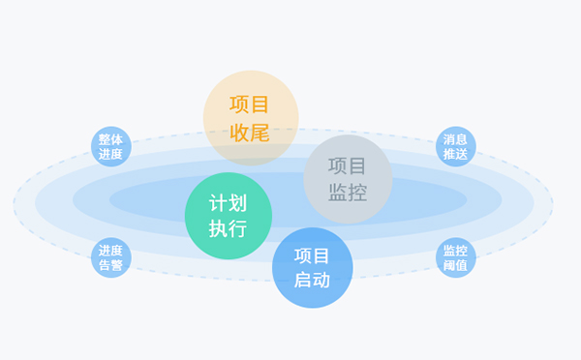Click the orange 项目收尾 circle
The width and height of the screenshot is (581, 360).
coord(250,117)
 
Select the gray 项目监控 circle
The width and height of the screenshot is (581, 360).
coord(348,179)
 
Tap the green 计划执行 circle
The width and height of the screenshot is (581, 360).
coord(228,216)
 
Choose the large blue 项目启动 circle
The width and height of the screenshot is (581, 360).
coord(312,268)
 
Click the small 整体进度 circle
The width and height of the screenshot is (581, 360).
coord(110,146)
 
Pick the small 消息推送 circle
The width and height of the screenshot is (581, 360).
coord(455,146)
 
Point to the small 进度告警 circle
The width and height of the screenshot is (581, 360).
coord(110,257)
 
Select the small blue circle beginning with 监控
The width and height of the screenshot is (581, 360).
coord(455,257)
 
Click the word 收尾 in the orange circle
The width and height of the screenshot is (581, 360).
coord(250,131)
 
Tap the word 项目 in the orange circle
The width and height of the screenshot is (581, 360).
coord(250,104)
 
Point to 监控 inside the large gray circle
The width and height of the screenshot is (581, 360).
coord(348,193)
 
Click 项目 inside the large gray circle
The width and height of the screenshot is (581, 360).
coord(348,166)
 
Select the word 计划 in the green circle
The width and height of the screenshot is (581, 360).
coord(228,203)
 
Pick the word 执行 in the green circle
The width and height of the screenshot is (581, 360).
coord(228,229)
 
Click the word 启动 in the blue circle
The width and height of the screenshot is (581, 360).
coord(312,281)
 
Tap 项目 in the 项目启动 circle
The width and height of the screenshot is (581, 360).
coord(312,255)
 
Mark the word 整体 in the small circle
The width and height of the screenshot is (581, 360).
coord(110,139)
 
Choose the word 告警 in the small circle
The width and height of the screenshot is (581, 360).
coord(110,264)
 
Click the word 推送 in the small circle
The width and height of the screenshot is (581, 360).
coord(455,153)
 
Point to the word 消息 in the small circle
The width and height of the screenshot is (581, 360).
coord(455,139)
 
